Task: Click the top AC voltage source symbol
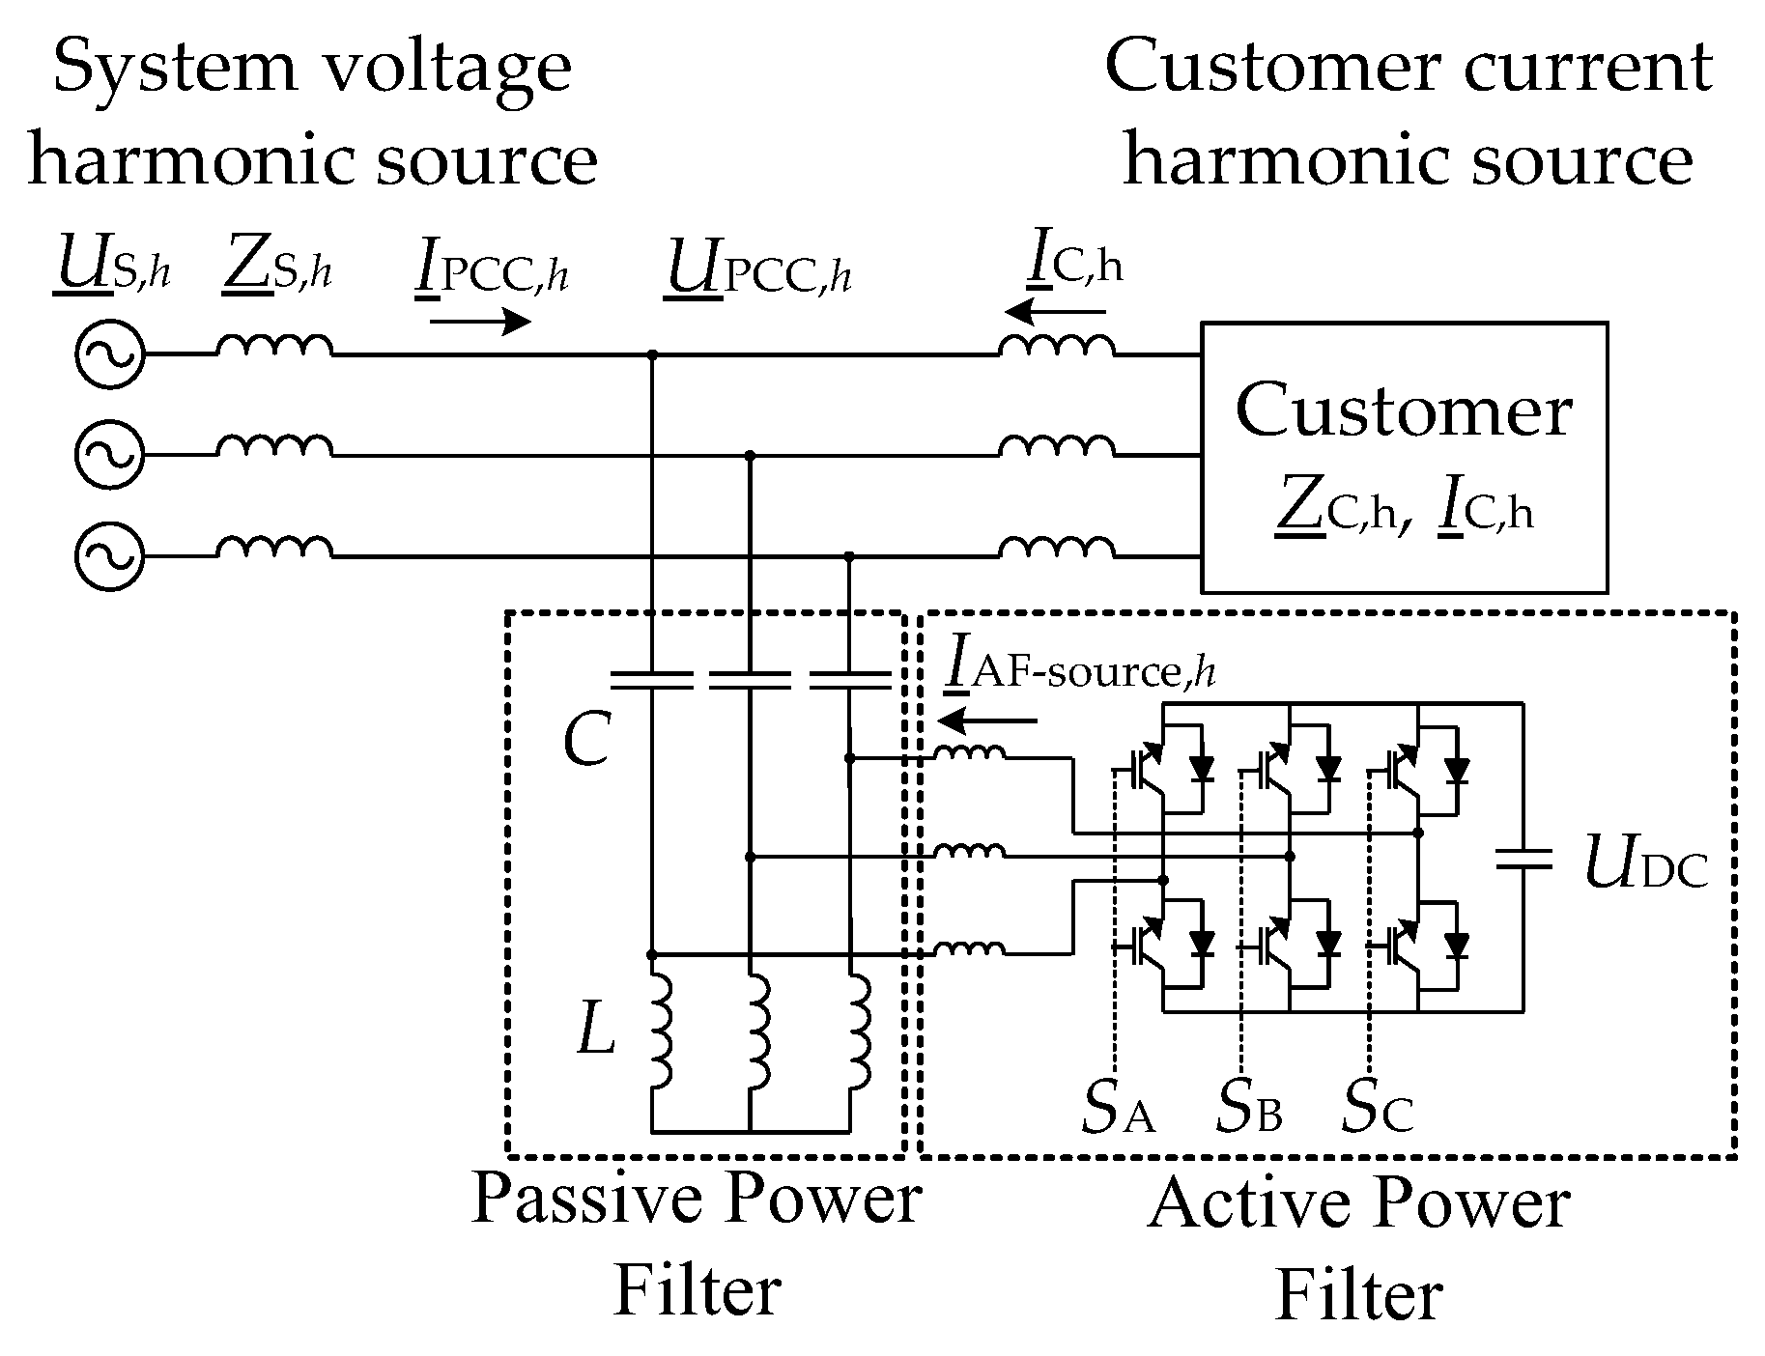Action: (109, 354)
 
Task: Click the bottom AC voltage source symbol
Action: (109, 556)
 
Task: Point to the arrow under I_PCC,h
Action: (480, 322)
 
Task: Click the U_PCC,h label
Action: (758, 270)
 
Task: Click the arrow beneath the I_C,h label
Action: (1055, 312)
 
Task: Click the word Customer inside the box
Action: (1403, 410)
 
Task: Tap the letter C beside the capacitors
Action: (587, 742)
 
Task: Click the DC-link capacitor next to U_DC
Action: (1523, 859)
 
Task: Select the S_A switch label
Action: (1118, 1110)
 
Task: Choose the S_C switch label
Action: (1378, 1110)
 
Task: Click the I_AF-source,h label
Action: (1079, 669)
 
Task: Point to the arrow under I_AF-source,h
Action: (987, 720)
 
